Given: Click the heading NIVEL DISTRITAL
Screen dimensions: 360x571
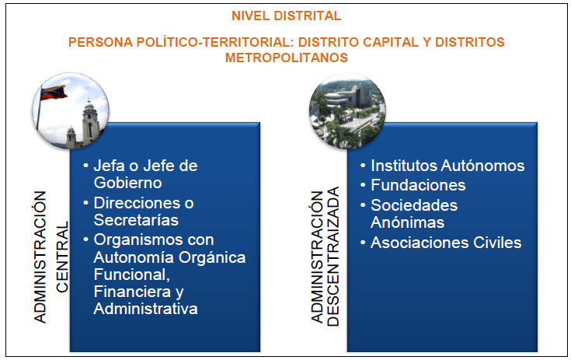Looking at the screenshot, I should (286, 15).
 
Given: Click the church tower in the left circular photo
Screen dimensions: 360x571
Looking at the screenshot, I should (88, 121).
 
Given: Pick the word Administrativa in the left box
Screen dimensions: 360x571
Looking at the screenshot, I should (145, 309).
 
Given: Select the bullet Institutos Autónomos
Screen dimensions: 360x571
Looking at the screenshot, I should (447, 166).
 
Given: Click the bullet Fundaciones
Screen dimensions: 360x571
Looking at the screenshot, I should (418, 185).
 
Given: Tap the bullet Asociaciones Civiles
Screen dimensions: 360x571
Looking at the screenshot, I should (446, 243).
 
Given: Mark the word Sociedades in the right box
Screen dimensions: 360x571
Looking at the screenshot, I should (414, 205).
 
